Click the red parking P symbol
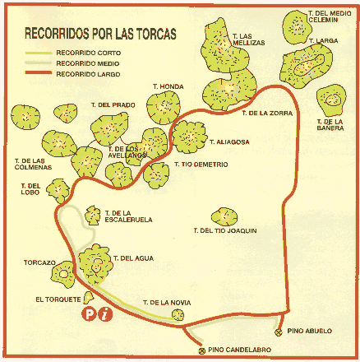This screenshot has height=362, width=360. coord(89,314)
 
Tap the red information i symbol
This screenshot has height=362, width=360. coord(105,314)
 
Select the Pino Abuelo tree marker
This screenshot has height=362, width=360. coord(279,332)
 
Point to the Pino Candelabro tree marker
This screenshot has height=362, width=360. coord(202,350)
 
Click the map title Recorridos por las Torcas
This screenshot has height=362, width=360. coord(100,34)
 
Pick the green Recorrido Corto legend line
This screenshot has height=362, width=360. coord(39,53)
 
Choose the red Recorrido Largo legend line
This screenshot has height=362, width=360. coord(39,72)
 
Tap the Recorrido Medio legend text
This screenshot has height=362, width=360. coord(88,63)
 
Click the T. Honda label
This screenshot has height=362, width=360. coord(168,86)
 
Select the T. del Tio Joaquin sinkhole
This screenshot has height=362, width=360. coord(224,216)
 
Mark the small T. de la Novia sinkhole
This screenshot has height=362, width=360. coord(178,314)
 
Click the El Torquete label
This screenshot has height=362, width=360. coord(58,299)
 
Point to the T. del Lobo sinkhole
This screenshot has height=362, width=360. coord(58,191)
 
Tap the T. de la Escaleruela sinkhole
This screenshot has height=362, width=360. coord(93,216)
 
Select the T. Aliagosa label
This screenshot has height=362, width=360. coord(229,142)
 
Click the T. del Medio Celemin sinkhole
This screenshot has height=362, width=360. coord(297,27)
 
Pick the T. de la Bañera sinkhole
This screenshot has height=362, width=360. coord(331,100)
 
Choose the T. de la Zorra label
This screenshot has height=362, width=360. coord(267,113)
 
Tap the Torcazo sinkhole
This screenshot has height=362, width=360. coord(63,274)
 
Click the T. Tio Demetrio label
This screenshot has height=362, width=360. coord(201,165)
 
